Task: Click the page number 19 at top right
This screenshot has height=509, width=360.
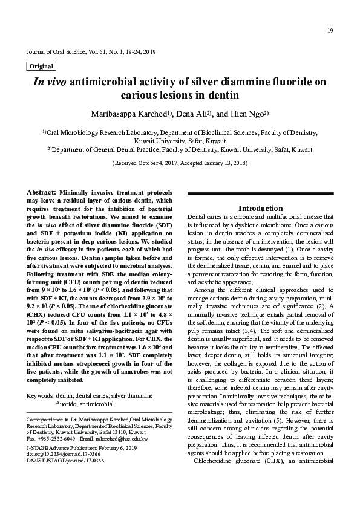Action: (x=330, y=31)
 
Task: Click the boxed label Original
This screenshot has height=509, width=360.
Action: (x=41, y=66)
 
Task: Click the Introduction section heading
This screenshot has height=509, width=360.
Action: (x=260, y=208)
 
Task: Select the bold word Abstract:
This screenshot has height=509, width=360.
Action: (x=42, y=192)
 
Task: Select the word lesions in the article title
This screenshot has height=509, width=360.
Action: (x=185, y=96)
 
